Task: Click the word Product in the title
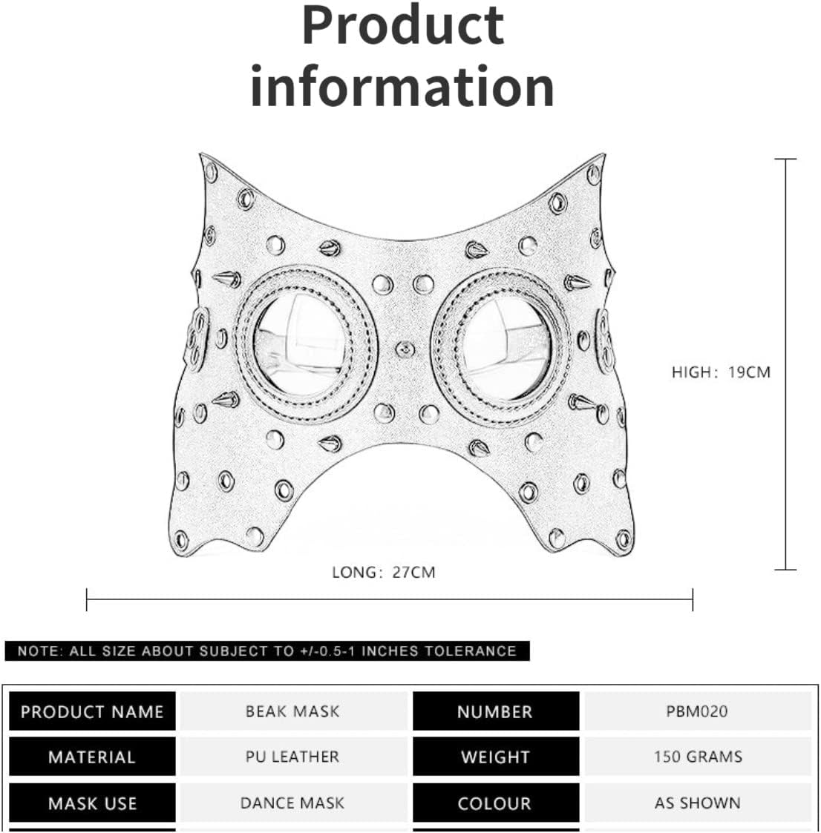click(x=403, y=25)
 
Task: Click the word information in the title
click(x=402, y=87)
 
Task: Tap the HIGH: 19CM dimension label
click(x=721, y=372)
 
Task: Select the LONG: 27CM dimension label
click(x=383, y=572)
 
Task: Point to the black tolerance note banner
click(x=267, y=651)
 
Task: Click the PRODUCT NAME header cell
click(x=92, y=712)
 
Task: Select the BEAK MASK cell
click(x=292, y=711)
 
